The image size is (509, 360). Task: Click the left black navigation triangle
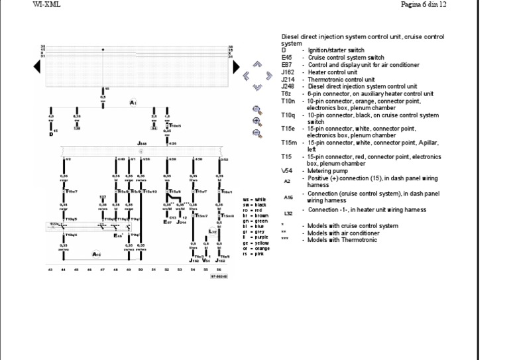(x=37, y=67)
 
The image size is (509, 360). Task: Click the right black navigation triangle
(x=236, y=67)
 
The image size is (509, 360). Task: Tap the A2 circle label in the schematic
(x=133, y=103)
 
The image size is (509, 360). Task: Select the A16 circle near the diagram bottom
(x=96, y=254)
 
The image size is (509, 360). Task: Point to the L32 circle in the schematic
(x=213, y=231)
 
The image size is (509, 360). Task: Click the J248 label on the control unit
(x=142, y=143)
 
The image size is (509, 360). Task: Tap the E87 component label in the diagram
(x=167, y=221)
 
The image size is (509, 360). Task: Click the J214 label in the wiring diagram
(x=181, y=221)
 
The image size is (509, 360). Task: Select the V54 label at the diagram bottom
(x=205, y=261)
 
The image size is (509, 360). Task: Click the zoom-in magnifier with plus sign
(x=256, y=121)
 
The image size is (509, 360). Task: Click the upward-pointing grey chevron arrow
(x=257, y=64)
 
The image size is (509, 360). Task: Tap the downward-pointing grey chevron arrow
(x=257, y=87)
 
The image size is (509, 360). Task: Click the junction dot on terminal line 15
(x=103, y=50)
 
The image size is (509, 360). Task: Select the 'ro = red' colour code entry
(x=254, y=210)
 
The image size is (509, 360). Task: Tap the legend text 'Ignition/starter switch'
(x=336, y=50)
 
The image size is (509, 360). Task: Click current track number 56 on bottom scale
(x=218, y=270)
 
